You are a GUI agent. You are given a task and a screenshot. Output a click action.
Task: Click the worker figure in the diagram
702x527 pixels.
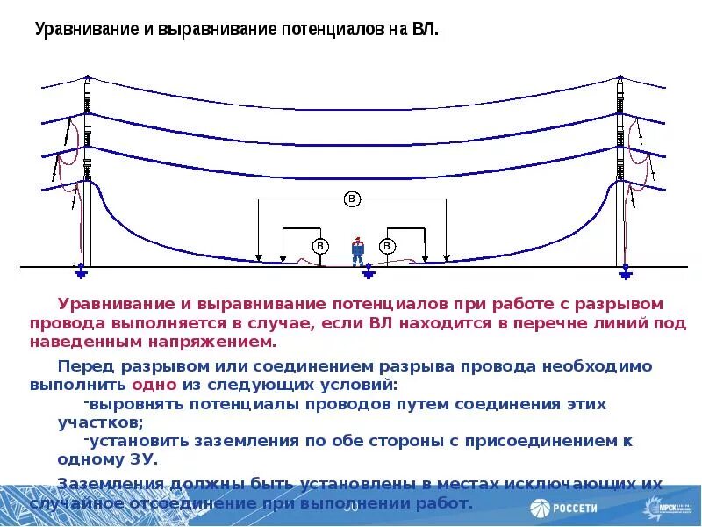357,250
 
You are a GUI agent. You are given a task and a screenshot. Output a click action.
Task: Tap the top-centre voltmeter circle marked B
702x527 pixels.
351,199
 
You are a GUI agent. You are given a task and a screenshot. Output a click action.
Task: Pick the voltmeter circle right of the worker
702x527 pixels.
387,245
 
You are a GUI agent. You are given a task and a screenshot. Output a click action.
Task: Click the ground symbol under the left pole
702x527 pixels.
81,273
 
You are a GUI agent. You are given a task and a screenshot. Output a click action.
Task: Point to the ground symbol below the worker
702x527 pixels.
369,274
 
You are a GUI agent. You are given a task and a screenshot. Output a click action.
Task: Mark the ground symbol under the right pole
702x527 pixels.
625,273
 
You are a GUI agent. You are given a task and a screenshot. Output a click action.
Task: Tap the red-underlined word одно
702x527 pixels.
154,385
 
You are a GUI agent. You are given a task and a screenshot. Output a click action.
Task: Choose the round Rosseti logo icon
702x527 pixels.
539,508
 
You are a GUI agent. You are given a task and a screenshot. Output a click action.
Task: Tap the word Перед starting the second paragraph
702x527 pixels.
82,365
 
